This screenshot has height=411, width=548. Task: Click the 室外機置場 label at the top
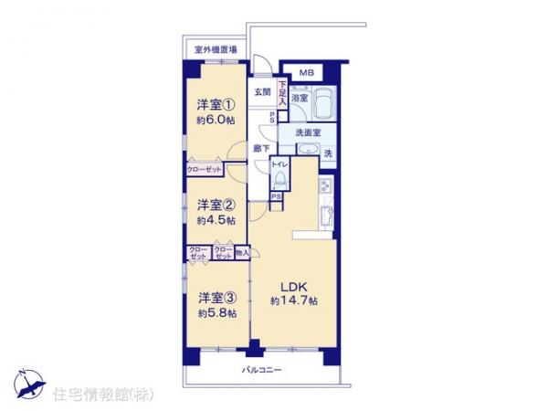(x=216, y=50)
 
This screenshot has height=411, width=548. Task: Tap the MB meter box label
(x=308, y=74)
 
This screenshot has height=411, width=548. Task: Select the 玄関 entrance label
(x=262, y=92)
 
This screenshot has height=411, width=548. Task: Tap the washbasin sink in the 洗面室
(x=307, y=152)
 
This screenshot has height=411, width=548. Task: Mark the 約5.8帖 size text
(x=216, y=313)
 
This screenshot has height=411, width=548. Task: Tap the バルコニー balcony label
(x=262, y=370)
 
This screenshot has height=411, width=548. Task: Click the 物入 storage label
(x=242, y=251)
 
